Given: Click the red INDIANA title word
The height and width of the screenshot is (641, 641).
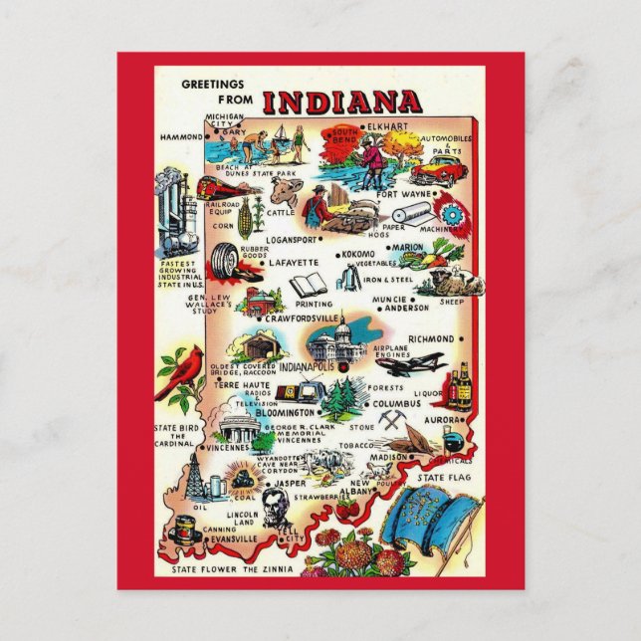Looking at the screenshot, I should (x=341, y=102).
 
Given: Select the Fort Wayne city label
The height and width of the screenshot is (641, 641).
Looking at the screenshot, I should (x=404, y=194).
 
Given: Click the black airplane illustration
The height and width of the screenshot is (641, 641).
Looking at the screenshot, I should (x=412, y=363).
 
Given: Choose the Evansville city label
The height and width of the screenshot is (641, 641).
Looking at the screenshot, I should (x=234, y=538).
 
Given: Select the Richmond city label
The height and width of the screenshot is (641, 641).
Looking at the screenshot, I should (x=430, y=339).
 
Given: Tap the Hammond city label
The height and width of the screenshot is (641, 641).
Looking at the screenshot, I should (x=180, y=134).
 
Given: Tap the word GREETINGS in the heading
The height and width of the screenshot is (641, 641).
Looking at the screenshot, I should (x=215, y=85).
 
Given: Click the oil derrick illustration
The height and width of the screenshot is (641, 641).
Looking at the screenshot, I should (x=195, y=479).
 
